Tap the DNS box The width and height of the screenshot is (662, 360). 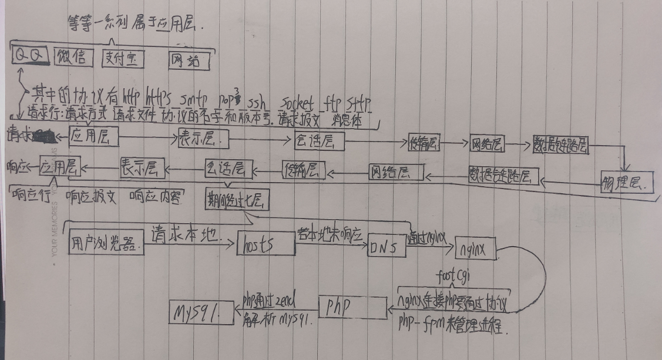pos(387,247)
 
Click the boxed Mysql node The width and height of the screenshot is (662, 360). pos(194,312)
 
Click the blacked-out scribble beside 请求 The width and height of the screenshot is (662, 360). pos(41,137)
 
